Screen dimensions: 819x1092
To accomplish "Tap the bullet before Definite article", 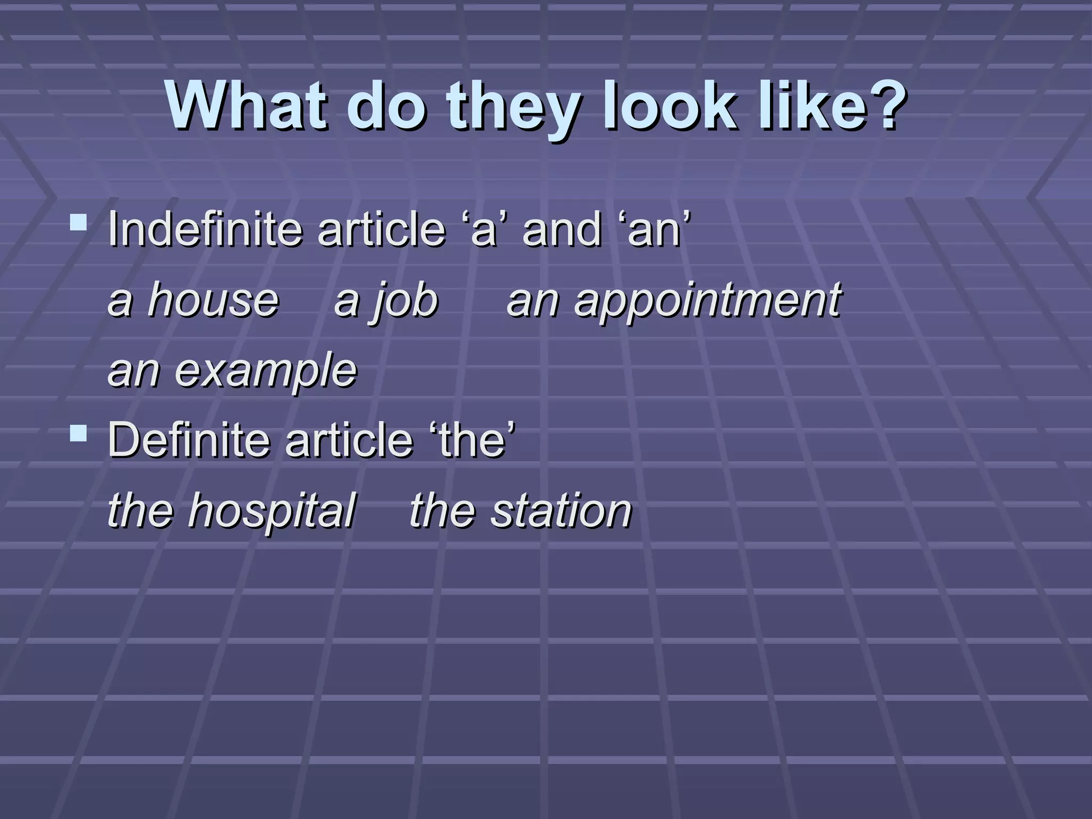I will tap(78, 432).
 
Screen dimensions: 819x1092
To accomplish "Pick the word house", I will tap(213, 300).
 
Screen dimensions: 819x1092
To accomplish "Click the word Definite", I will tap(189, 440).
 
